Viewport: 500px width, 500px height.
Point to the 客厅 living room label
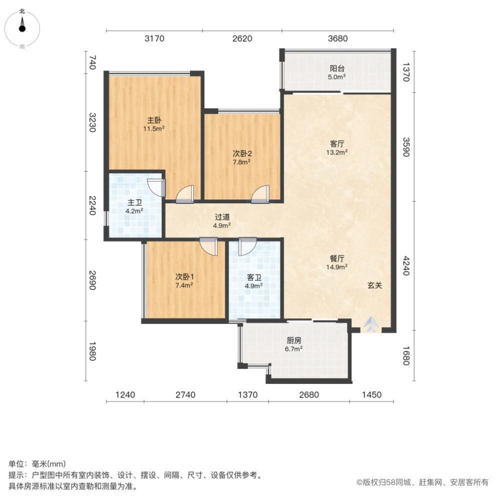[x=337, y=143]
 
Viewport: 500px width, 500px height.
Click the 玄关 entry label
[x=375, y=285]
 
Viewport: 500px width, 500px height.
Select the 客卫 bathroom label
[x=253, y=277]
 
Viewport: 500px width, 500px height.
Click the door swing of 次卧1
[x=207, y=246]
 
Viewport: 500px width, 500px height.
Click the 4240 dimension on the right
[x=405, y=266]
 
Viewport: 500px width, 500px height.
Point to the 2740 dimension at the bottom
[x=185, y=395]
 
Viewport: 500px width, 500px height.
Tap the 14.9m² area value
[x=337, y=267]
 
